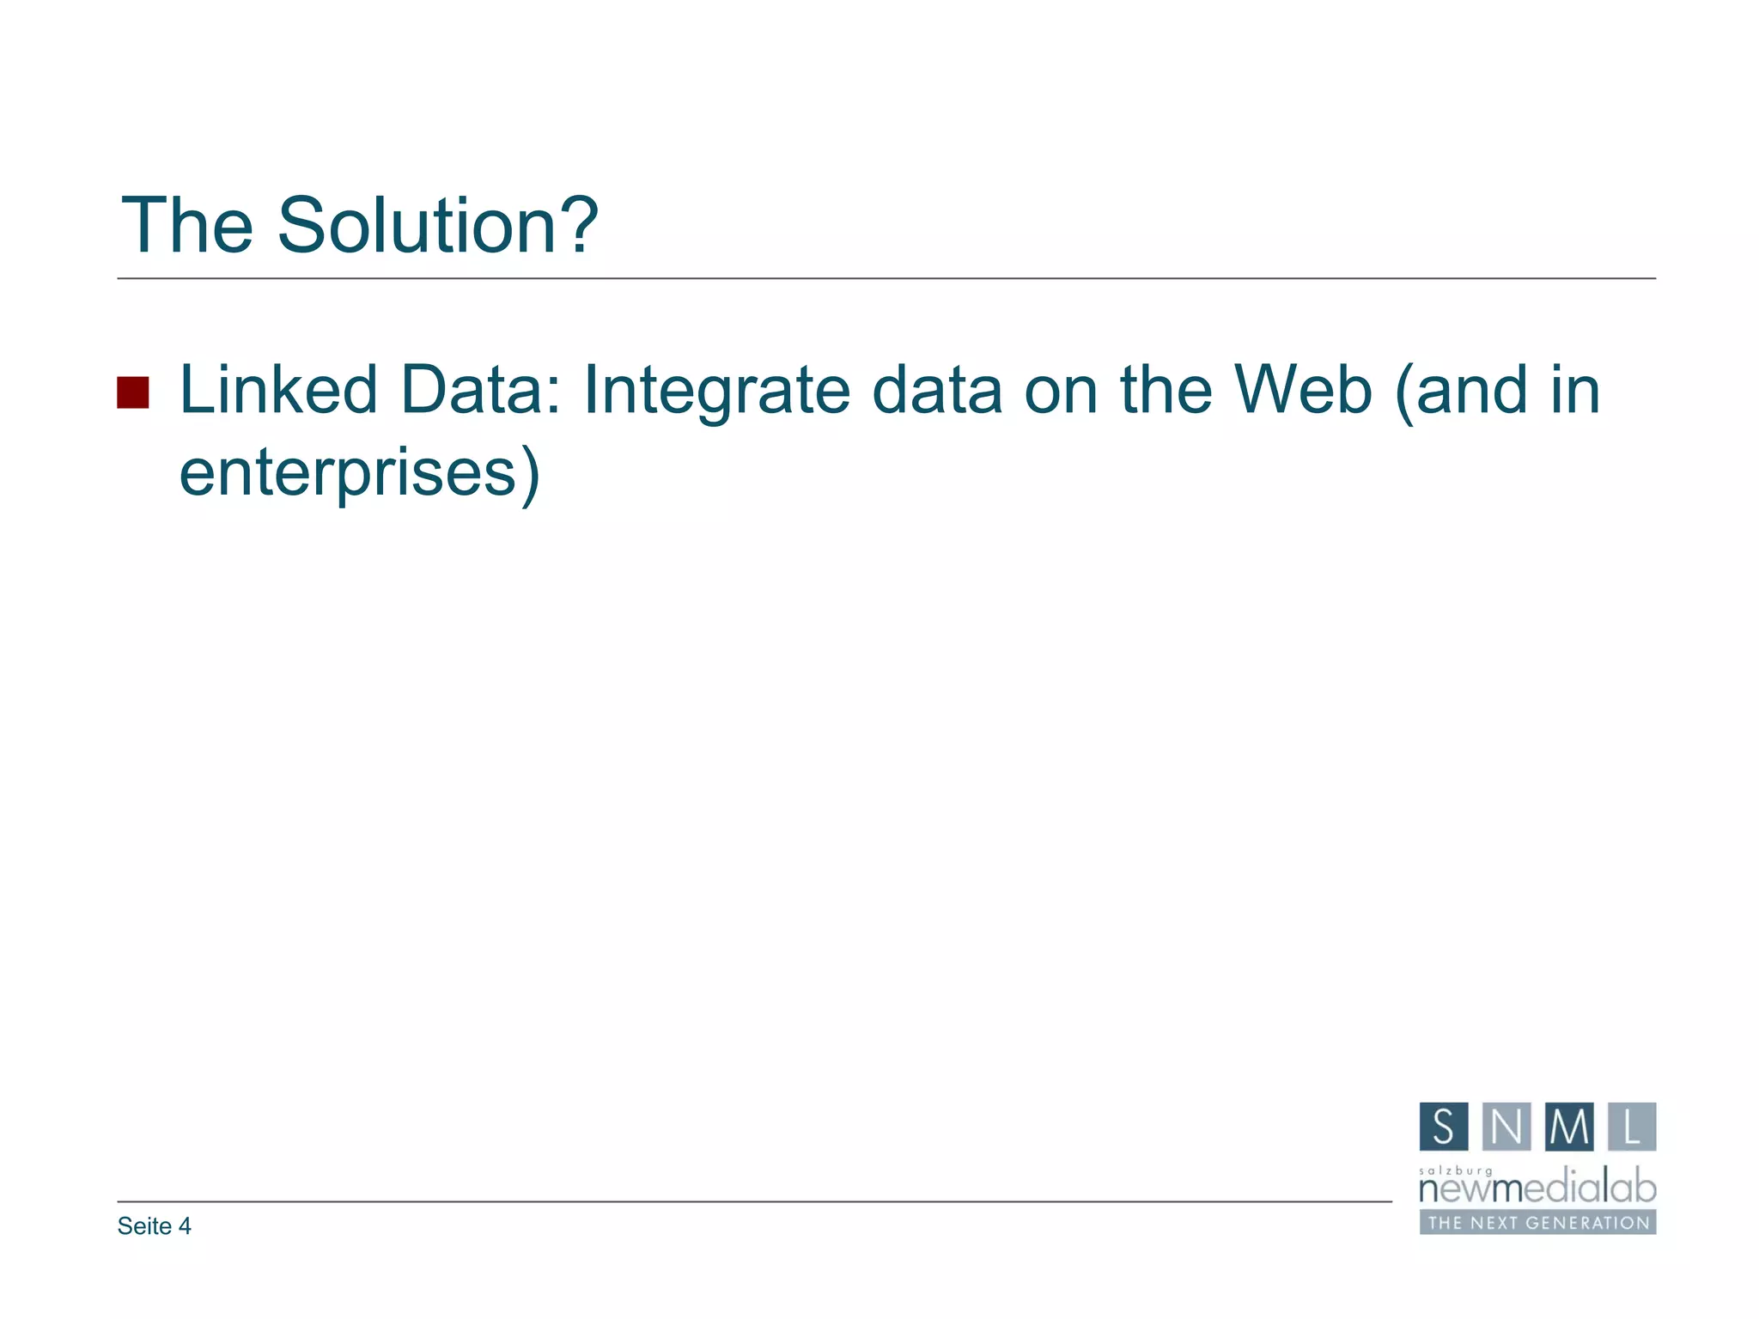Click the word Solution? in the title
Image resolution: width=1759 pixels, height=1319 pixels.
click(437, 225)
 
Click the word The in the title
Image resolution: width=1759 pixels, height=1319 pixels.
click(187, 225)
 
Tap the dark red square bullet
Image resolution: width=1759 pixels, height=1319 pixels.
click(133, 392)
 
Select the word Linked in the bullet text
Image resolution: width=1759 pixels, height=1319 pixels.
click(278, 390)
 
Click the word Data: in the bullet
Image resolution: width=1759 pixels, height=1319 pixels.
click(480, 390)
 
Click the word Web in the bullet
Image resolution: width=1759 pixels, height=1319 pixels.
click(1303, 390)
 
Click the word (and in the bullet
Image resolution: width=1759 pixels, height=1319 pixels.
click(1461, 390)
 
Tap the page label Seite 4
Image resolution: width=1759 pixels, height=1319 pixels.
click(154, 1226)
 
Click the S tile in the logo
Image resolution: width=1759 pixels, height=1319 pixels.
click(1444, 1127)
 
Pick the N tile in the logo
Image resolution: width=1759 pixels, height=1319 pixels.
click(1506, 1127)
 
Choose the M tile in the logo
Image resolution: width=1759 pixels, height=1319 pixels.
click(1569, 1127)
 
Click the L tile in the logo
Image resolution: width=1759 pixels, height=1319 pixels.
click(1632, 1127)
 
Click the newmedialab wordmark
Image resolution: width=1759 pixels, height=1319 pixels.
click(1537, 1189)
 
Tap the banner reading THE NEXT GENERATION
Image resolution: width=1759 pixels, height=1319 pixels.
click(1537, 1223)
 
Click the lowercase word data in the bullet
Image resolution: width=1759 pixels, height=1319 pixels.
click(937, 390)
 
